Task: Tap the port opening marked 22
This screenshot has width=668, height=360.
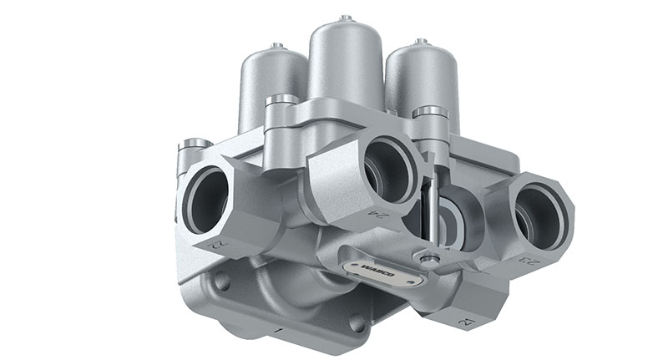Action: tap(204, 200)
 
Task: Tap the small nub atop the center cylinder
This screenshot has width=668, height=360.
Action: tap(345, 18)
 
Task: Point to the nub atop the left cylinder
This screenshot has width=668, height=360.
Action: tap(278, 45)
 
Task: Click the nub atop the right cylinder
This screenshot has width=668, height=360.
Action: tap(422, 40)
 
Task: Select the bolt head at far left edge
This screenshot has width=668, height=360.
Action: tap(194, 144)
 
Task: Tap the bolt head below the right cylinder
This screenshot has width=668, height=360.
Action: tap(430, 113)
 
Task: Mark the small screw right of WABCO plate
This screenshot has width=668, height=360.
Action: tap(430, 261)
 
